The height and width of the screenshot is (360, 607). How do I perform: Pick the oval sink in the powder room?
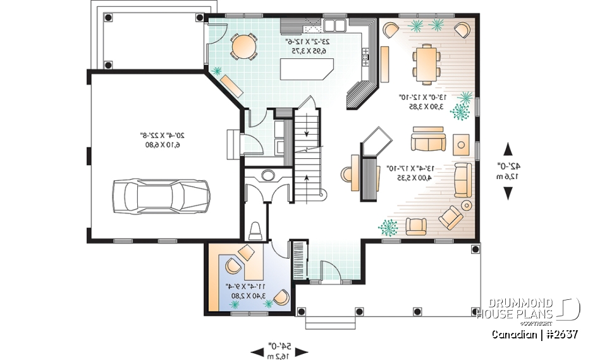(x=267, y=175)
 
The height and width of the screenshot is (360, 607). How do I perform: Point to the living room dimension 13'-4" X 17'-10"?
(x=409, y=173)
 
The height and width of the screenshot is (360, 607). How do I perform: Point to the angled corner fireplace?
(x=377, y=140)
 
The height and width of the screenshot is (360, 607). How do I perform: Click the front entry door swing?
(x=329, y=272)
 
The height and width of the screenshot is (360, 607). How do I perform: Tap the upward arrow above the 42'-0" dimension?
(x=508, y=150)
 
